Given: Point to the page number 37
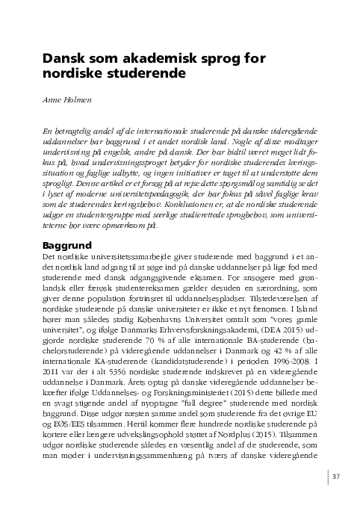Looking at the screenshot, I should pos(335,477).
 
